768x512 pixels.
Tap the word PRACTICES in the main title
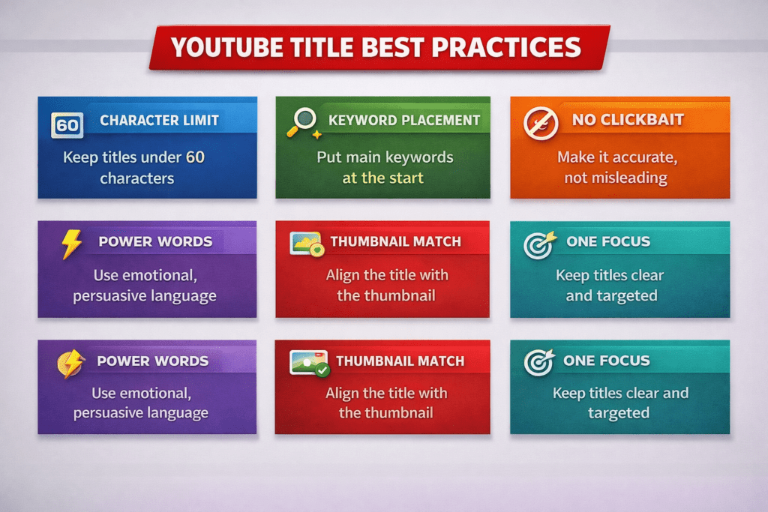517,47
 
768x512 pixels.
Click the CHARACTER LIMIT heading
159,121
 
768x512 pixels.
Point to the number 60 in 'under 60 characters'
195,157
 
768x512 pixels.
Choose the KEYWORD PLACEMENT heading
404,120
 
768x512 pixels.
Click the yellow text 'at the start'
383,178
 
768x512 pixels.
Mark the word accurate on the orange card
632,157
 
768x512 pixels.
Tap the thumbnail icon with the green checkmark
309,363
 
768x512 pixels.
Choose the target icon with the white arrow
538,362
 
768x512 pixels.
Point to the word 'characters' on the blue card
137,178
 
